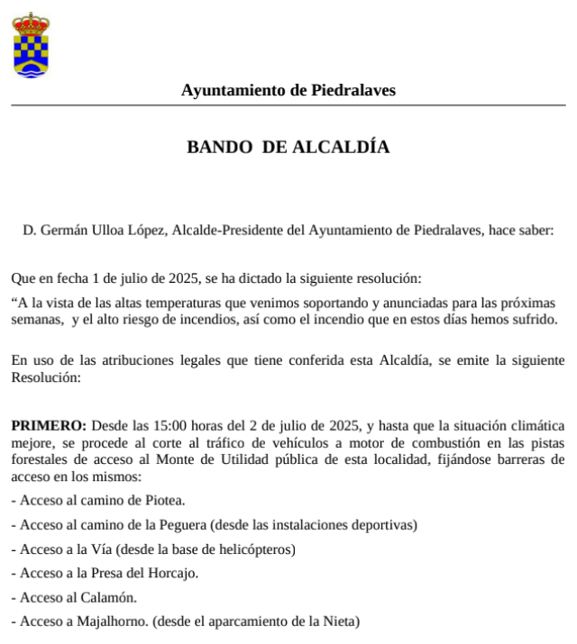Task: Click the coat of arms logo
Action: [x=32, y=45]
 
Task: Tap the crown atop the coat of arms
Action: [x=32, y=21]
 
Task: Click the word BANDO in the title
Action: [x=219, y=148]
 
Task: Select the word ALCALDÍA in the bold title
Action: [x=342, y=148]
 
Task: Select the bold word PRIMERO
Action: [x=48, y=425]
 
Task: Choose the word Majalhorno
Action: [x=110, y=621]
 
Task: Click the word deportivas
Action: [x=381, y=525]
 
